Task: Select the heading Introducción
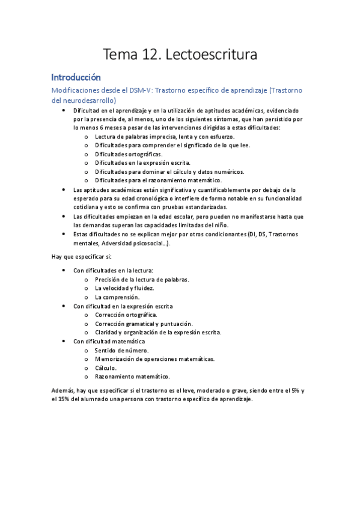tap(76, 78)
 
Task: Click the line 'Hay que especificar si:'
tap(82, 240)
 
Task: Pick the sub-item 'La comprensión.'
tap(117, 297)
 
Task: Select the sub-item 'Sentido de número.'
tap(122, 350)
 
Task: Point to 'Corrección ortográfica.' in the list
tap(126, 315)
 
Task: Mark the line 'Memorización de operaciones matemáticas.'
tap(154, 359)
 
